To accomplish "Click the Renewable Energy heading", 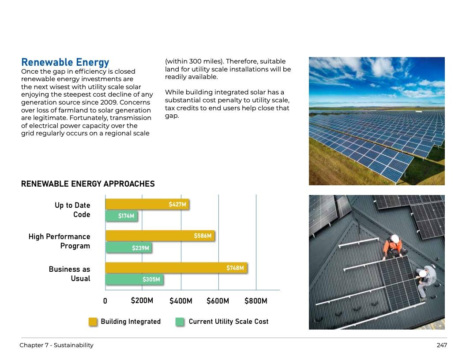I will coord(65,62).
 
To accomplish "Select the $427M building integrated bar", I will coord(147,204).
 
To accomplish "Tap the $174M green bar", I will coord(121,216).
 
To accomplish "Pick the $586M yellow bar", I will coord(160,236).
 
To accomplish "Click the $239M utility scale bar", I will coord(128,248).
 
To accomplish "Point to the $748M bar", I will coord(176,268).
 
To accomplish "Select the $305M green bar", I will coord(134,279).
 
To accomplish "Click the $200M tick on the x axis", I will coord(142,301).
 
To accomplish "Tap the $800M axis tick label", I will coord(256,301).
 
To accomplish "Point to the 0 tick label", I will coord(105,301).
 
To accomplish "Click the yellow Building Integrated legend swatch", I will coord(93,322).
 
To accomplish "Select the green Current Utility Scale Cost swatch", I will coord(180,322).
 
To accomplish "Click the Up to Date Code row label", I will coord(72,210).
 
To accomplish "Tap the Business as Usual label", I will coord(70,274).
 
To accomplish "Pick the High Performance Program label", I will coord(60,241).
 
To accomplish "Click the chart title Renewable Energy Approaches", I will coord(88,184).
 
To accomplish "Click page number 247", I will coord(442,345).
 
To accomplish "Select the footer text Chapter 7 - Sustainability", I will coord(56,345).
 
